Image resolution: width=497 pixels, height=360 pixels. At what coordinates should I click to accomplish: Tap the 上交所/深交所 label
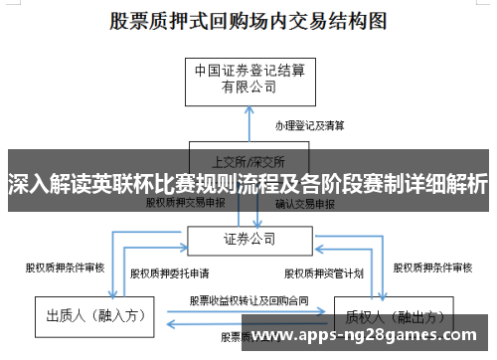tap(248, 159)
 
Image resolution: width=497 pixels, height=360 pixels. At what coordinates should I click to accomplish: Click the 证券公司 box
tap(248, 239)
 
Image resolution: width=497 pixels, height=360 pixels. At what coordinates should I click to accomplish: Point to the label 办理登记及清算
tap(311, 126)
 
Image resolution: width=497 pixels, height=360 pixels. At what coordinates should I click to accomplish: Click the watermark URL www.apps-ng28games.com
tap(369, 334)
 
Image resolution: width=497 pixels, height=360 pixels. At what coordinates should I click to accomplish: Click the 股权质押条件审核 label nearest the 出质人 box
tap(65, 267)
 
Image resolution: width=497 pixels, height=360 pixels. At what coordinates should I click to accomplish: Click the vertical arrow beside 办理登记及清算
tap(248, 124)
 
